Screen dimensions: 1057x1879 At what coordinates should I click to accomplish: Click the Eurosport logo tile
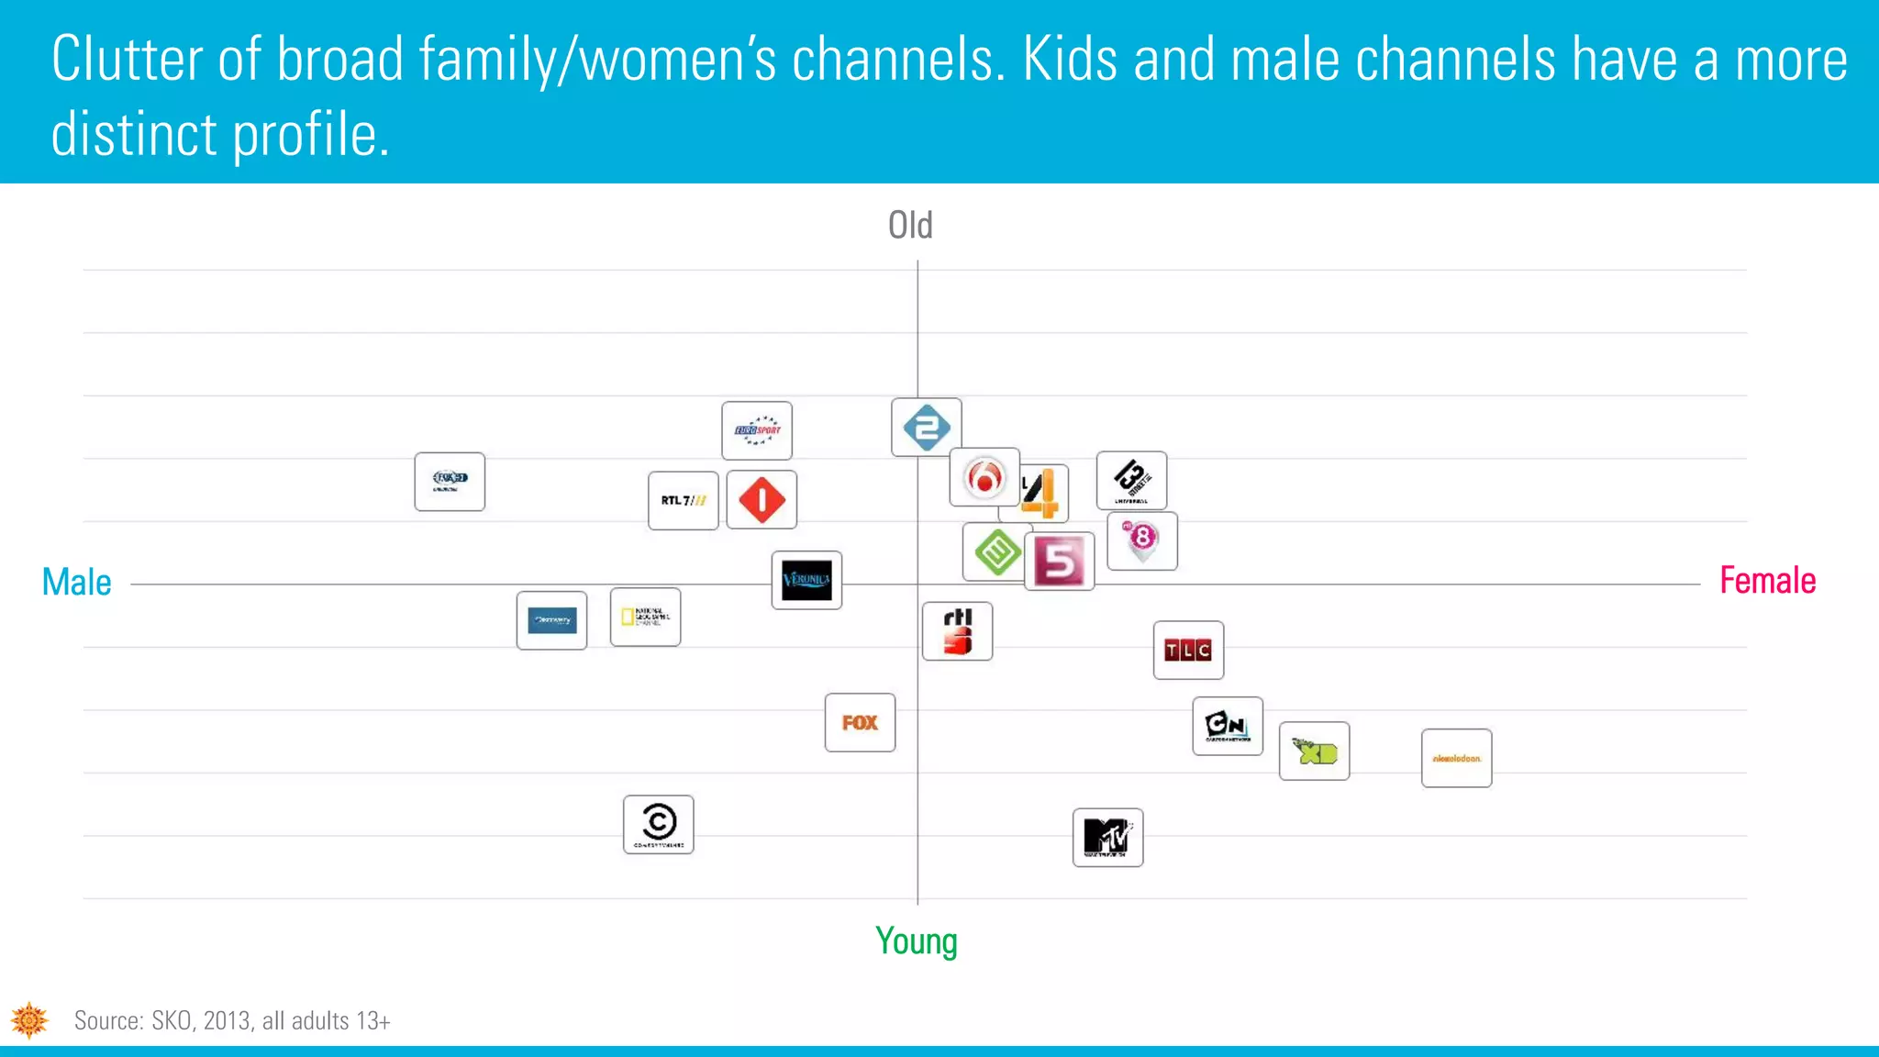(757, 430)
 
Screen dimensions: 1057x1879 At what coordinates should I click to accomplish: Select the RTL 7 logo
(684, 500)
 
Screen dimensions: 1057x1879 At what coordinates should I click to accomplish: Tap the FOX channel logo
(860, 723)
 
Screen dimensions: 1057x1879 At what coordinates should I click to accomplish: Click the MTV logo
(1107, 838)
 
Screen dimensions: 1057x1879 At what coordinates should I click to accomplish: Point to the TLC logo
(1188, 651)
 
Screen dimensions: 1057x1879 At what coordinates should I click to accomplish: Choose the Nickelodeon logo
(1456, 759)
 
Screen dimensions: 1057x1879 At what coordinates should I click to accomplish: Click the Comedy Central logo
(659, 824)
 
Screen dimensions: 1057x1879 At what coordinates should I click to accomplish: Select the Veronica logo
(806, 580)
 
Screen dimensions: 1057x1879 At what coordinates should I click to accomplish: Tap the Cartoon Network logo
(1228, 726)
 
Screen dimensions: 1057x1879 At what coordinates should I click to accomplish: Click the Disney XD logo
(1314, 751)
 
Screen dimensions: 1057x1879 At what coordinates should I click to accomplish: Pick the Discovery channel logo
(551, 620)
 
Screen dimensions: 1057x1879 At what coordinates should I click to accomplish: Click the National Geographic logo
(645, 617)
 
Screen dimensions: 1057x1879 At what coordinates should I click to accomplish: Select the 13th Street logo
(1131, 480)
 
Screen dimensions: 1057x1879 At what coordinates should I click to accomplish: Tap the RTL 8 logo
(1142, 540)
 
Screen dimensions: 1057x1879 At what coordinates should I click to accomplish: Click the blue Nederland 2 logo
(927, 428)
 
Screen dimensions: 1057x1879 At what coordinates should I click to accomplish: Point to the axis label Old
(910, 226)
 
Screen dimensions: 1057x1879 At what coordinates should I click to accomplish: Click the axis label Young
(916, 941)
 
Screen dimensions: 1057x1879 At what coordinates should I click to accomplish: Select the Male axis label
(77, 583)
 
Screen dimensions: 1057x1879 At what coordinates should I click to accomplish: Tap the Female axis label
(1767, 581)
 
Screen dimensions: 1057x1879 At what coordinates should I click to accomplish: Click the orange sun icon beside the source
(29, 1020)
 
